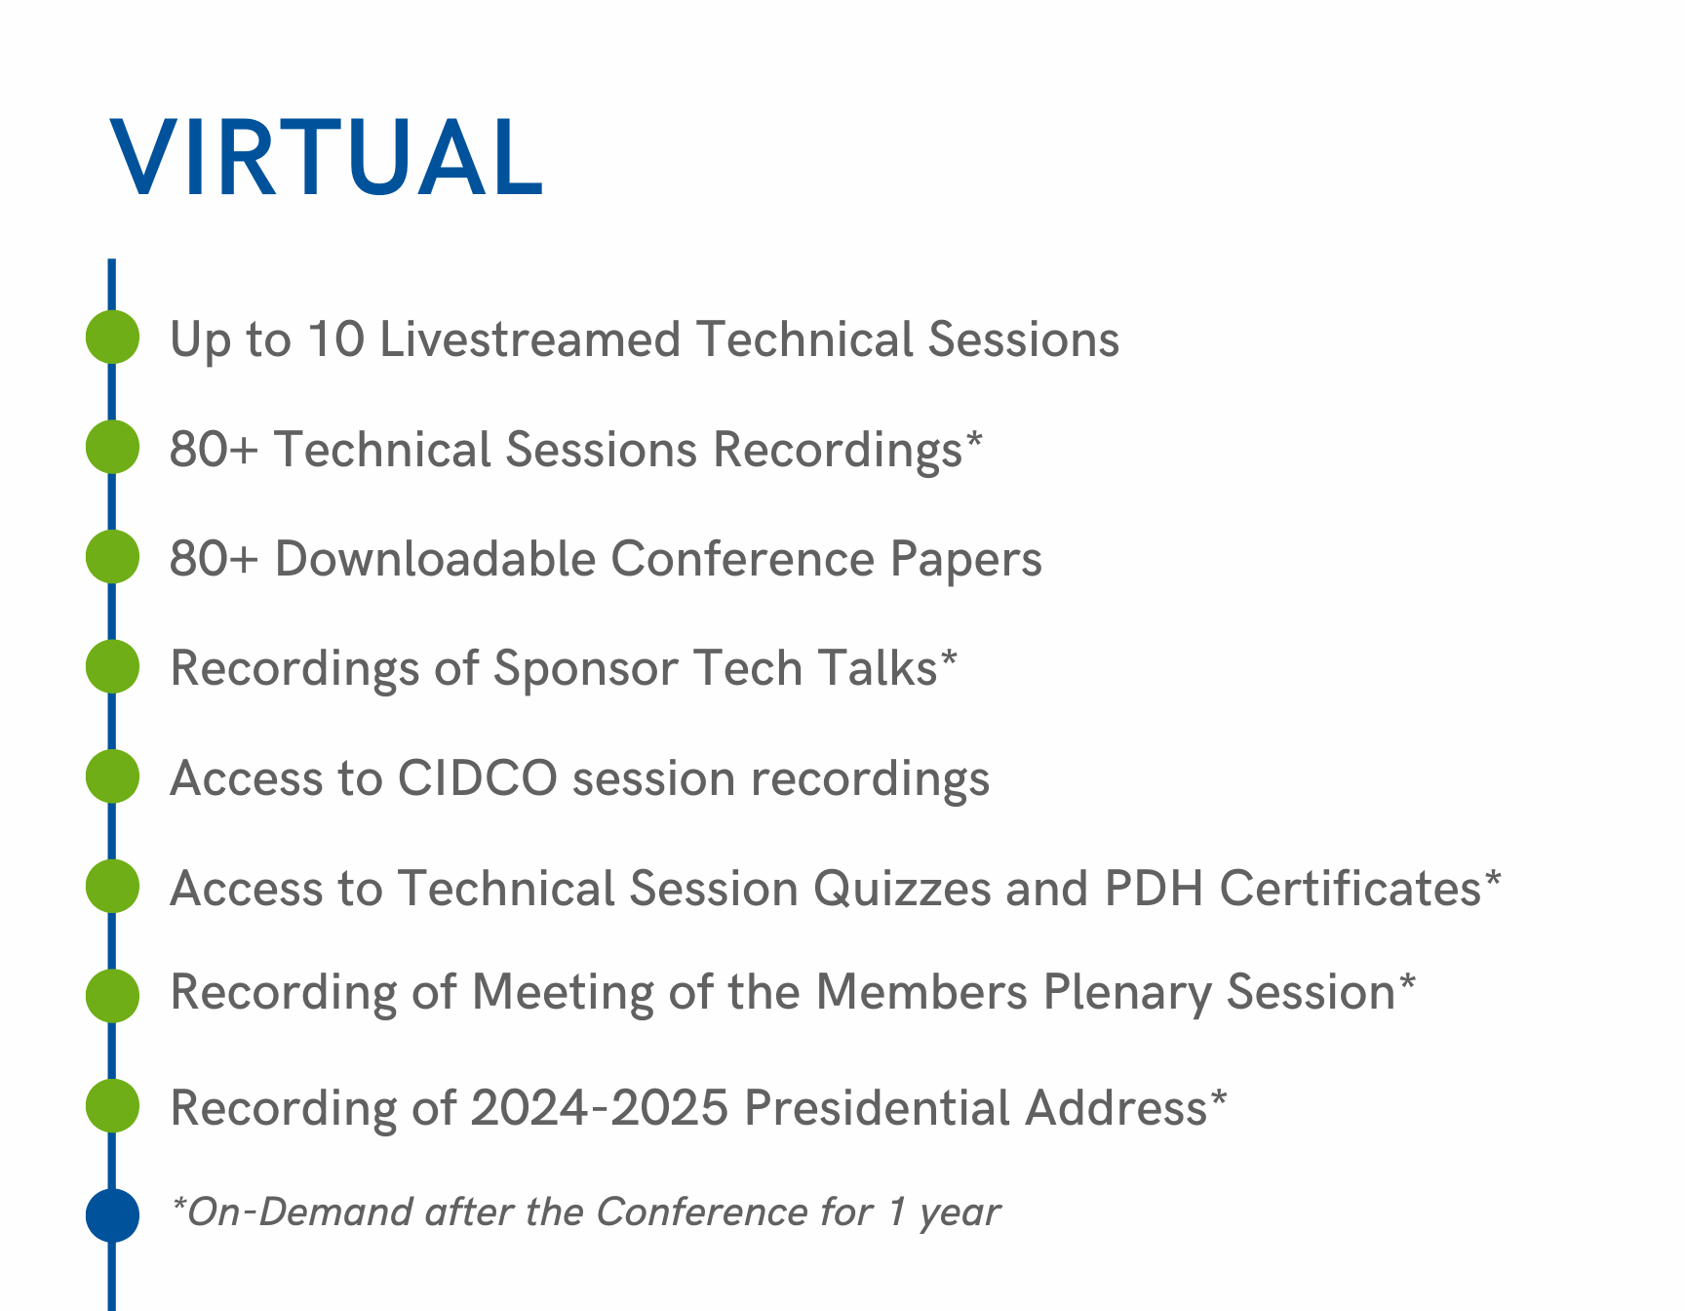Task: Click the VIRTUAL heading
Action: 326,158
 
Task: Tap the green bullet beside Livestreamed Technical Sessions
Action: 112,338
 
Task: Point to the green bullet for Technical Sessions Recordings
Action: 112,447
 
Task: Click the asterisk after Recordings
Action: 973,442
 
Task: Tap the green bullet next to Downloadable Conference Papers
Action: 112,557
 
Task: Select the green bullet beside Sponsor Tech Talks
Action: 112,667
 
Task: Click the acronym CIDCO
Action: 478,778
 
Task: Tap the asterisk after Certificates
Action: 1492,881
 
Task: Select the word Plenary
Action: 1127,994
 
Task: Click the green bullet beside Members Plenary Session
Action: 112,996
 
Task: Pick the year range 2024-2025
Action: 600,1108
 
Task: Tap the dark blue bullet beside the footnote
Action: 112,1215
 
